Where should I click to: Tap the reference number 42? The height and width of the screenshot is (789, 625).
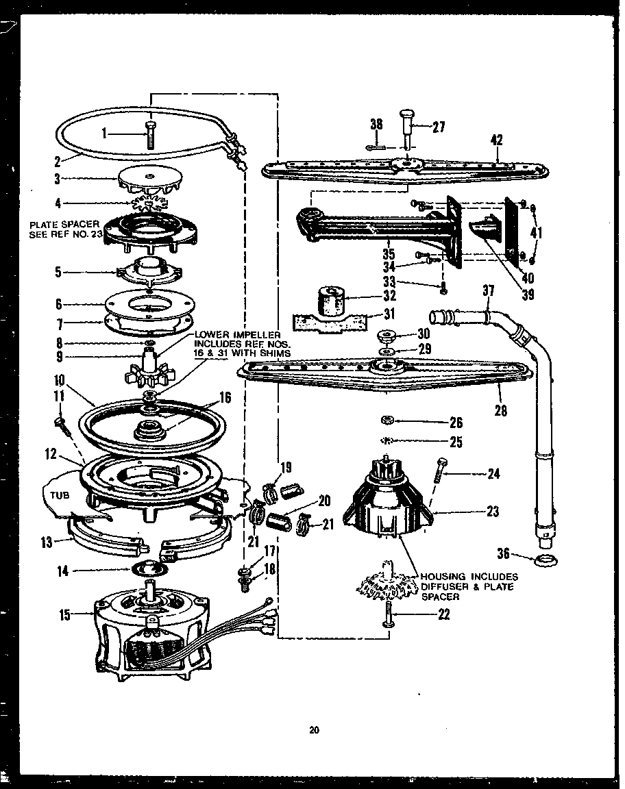pos(497,140)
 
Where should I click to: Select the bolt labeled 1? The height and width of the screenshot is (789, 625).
pos(149,135)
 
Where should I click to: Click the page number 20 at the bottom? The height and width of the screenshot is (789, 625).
pos(313,730)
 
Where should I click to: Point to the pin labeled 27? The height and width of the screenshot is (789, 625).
pos(407,130)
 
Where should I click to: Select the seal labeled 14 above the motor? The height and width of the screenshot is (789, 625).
pos(148,568)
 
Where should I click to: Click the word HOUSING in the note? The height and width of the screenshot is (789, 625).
pos(443,577)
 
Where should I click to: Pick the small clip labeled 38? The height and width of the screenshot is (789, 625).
pos(375,145)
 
